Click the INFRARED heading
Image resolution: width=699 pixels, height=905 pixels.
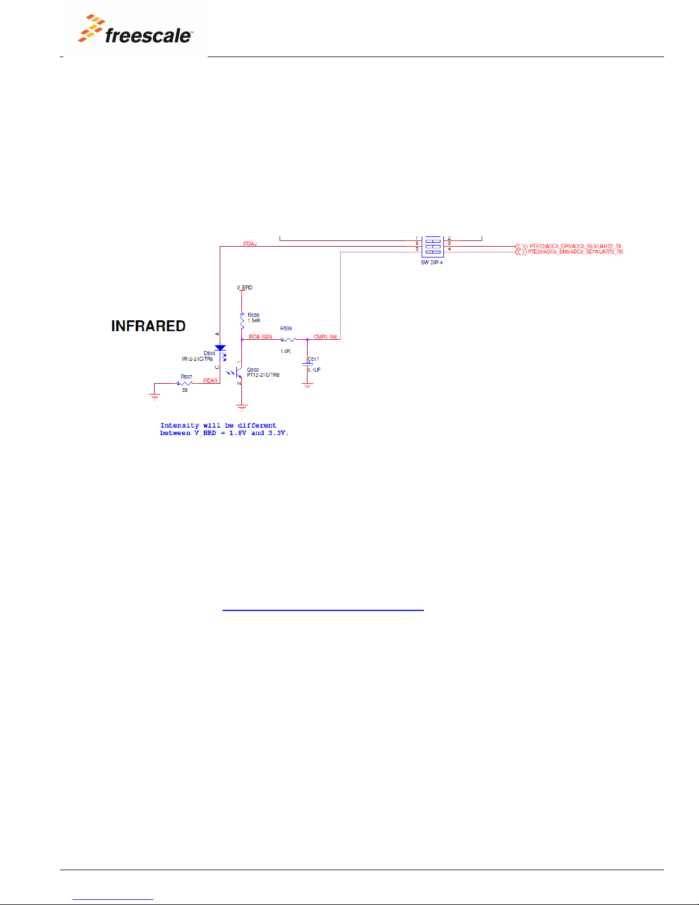(148, 326)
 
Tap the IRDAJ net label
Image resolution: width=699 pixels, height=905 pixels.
(250, 244)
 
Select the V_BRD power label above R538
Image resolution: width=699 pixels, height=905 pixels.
(245, 288)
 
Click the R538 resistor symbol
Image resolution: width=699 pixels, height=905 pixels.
(242, 320)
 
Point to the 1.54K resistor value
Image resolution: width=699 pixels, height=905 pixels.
(254, 321)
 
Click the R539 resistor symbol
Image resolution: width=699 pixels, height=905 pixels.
(288, 340)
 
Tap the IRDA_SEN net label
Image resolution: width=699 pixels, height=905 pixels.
(260, 337)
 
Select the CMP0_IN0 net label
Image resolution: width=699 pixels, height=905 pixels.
(325, 337)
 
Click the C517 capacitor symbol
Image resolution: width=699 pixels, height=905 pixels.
(308, 364)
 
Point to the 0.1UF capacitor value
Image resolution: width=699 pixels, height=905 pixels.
(314, 370)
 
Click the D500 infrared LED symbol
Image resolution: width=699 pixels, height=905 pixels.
(220, 348)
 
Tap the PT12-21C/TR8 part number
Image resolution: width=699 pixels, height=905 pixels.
(263, 375)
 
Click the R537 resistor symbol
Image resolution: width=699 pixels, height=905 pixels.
(185, 383)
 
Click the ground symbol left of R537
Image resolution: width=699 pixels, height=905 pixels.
(155, 396)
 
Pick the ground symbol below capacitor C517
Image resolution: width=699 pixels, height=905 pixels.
(308, 386)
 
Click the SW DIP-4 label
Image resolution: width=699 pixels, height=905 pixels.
(432, 263)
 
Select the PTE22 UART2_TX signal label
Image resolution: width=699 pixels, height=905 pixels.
(575, 246)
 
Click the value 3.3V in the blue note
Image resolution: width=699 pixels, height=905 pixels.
(278, 433)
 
